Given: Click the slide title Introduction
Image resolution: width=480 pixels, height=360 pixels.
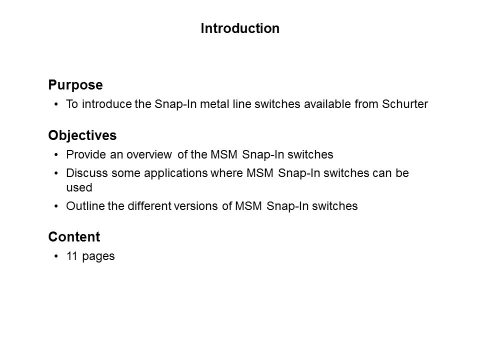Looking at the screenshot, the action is click(240, 28).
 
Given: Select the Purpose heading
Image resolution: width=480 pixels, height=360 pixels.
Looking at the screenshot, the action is click(75, 85).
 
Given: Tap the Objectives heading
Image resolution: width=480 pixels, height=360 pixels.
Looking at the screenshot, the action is click(82, 135).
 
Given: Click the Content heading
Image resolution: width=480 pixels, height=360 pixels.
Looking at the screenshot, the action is click(74, 236).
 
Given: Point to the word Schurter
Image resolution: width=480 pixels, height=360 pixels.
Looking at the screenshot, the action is click(404, 104).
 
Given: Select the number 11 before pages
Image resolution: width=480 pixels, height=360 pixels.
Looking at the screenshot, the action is click(72, 256).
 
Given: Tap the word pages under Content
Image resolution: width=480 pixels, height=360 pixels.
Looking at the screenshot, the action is click(98, 256).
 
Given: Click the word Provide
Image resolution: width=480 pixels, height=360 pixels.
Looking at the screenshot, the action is click(86, 154).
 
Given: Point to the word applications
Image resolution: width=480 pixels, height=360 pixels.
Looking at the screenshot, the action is click(176, 173).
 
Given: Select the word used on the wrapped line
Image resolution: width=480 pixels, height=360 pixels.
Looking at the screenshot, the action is click(79, 187).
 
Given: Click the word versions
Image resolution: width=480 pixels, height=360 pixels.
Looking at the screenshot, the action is click(195, 206).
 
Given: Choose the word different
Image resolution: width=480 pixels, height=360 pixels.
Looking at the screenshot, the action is click(149, 205).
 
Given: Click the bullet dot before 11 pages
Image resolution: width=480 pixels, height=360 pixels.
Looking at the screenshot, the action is click(56, 256).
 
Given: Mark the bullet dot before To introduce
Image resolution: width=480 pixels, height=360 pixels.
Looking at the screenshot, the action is click(56, 104).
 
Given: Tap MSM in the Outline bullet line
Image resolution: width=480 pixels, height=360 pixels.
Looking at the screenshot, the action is click(248, 205).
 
